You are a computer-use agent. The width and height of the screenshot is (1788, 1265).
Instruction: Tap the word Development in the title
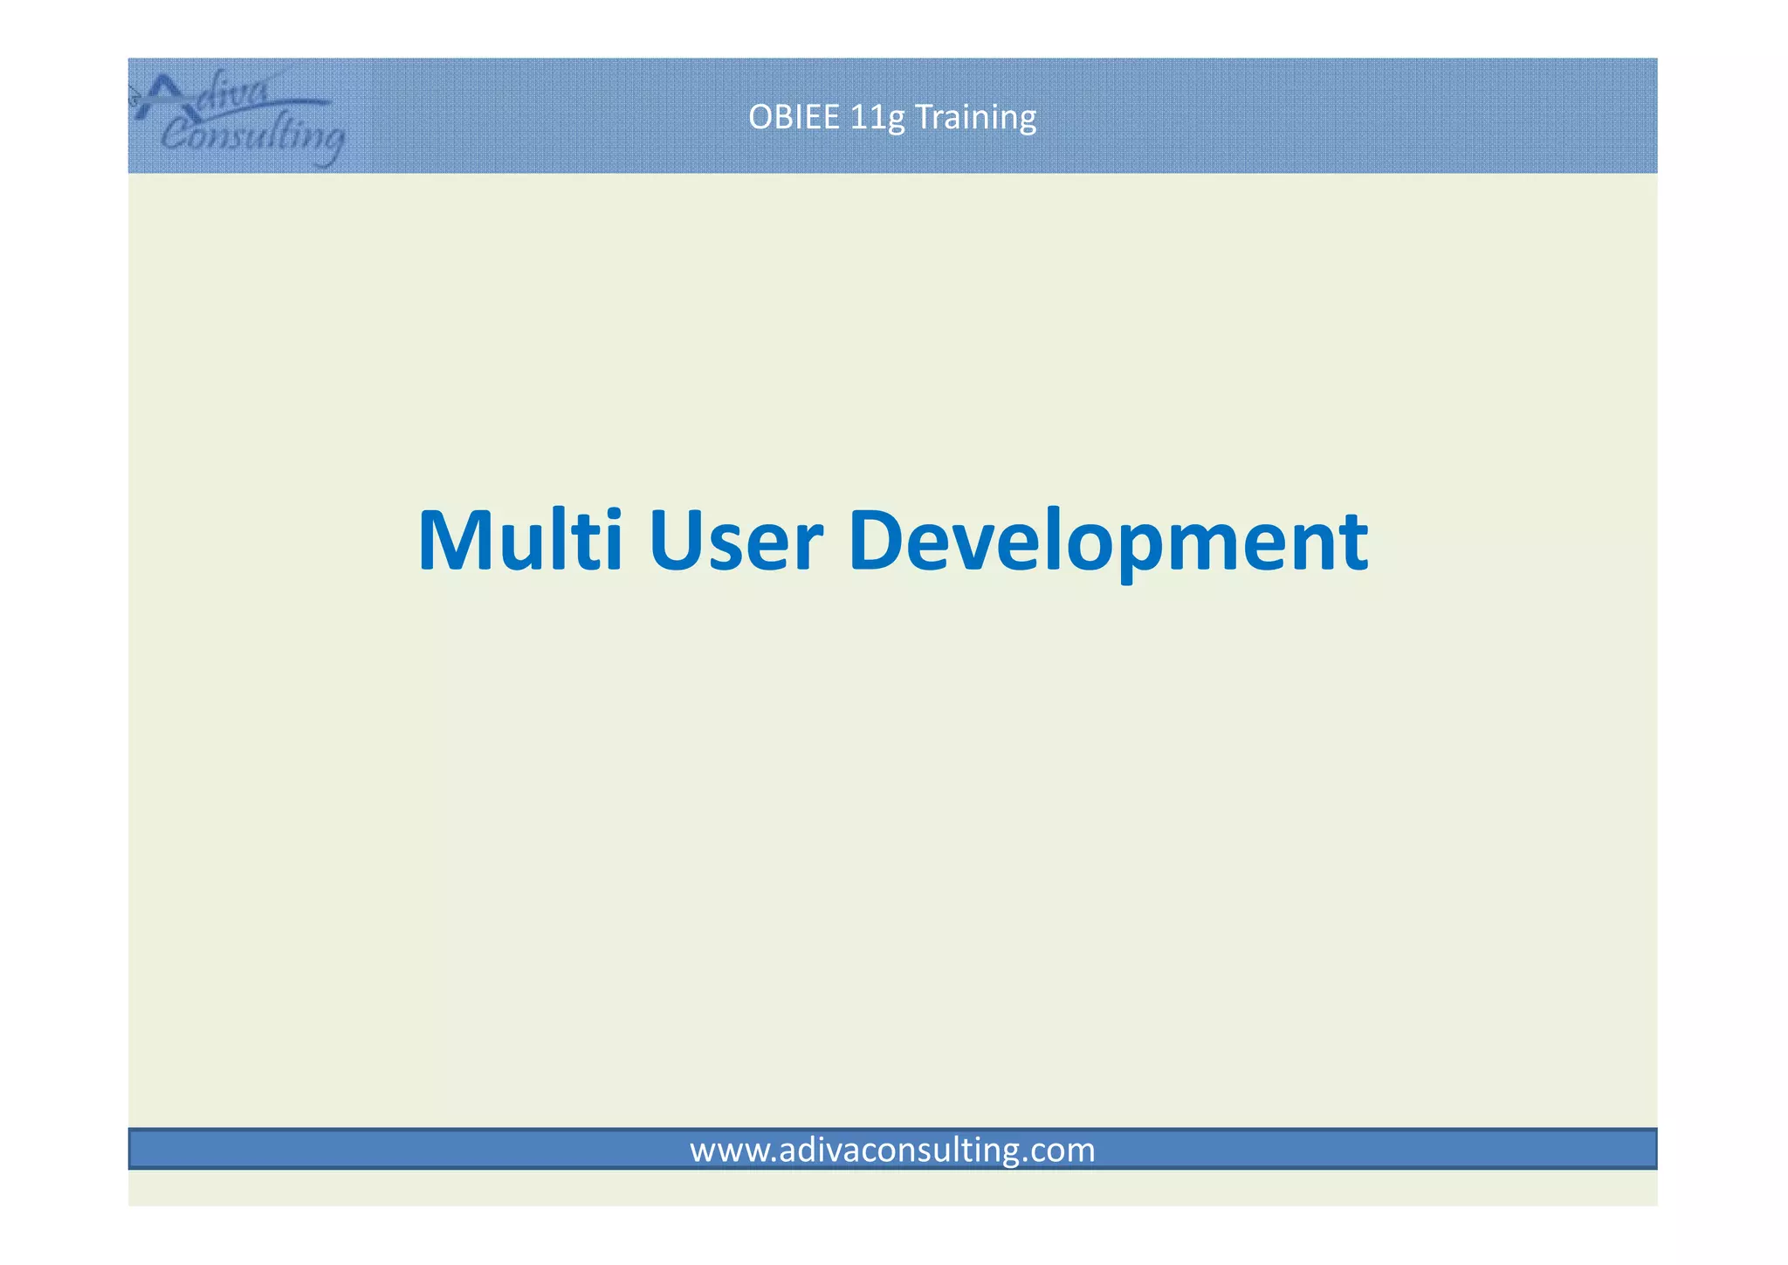click(x=1107, y=542)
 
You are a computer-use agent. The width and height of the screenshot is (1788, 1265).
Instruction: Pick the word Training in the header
click(x=975, y=118)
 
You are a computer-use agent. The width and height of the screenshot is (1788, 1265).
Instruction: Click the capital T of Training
click(x=922, y=117)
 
